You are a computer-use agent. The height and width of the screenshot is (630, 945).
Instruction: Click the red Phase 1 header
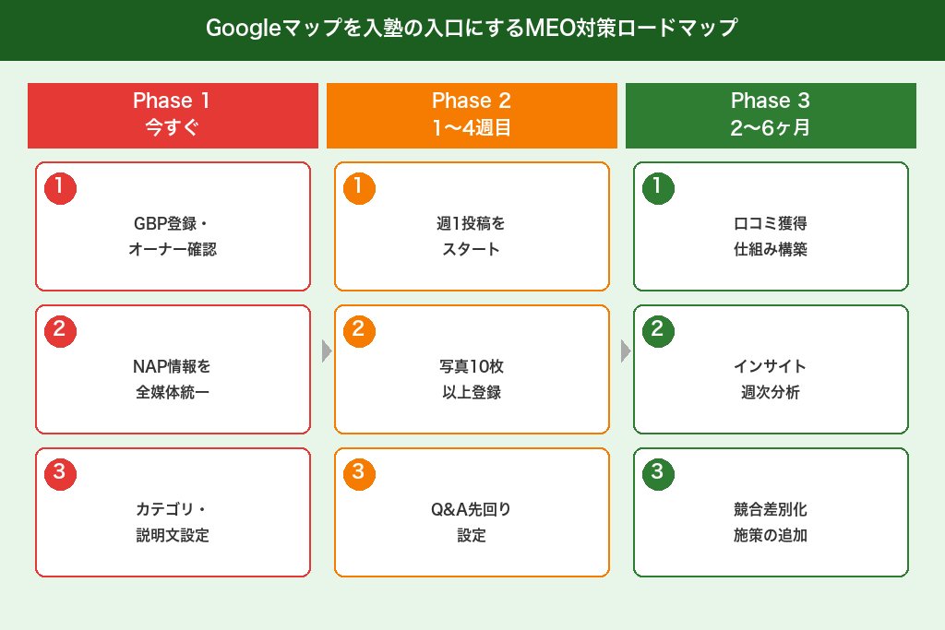[173, 115]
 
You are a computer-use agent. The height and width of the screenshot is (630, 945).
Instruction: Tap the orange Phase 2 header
[472, 115]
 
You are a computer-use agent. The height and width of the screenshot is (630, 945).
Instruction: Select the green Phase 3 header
[771, 115]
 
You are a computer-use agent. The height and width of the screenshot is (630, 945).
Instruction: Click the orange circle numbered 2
[359, 330]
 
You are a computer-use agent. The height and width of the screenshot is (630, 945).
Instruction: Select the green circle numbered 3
[658, 473]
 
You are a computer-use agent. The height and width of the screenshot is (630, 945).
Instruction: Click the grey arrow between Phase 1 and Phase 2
[326, 351]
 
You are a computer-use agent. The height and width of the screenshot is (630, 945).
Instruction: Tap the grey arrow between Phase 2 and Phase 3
[626, 351]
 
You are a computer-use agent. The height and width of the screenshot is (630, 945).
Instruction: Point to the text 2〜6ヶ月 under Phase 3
[771, 128]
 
